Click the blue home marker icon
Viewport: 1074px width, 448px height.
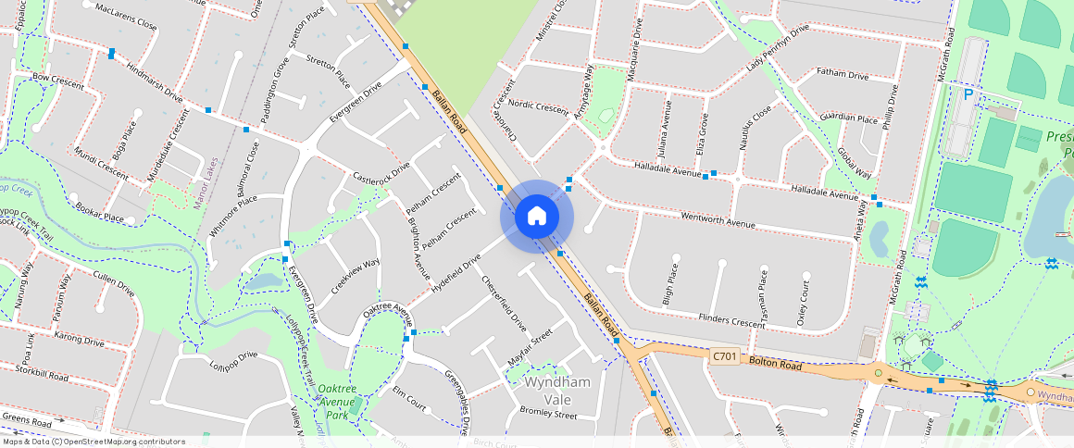point(537,217)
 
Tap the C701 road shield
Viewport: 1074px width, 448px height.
point(725,356)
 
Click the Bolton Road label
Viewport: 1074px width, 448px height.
point(776,364)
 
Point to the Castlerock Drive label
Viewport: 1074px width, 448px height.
point(381,173)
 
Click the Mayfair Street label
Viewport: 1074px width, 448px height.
point(531,346)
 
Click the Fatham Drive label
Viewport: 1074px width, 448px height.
point(843,74)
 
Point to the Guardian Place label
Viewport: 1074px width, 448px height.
point(849,118)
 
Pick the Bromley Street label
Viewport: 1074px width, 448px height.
point(548,414)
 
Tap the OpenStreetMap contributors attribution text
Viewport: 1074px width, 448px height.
point(94,442)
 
